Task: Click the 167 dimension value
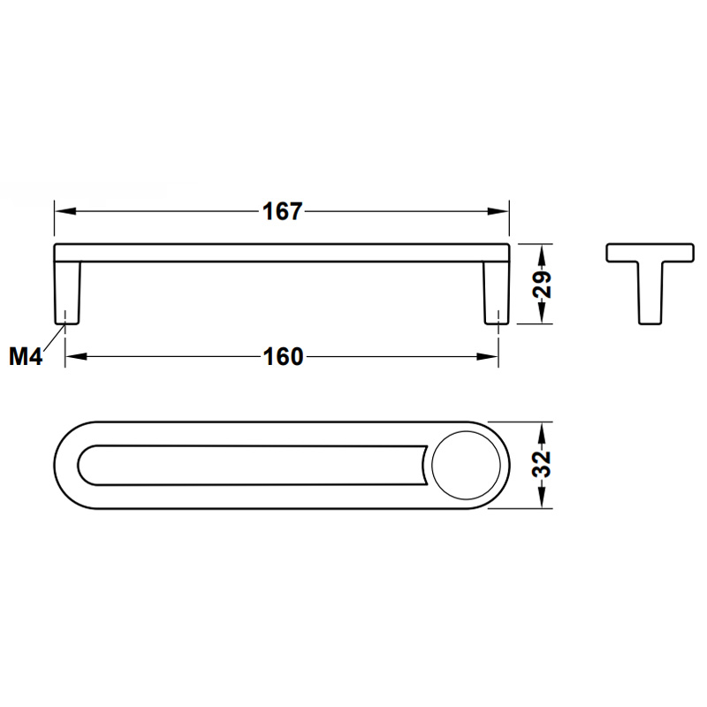point(282,211)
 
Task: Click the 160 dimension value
point(283,357)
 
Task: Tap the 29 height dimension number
point(543,284)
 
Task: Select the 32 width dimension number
point(543,464)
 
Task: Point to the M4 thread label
point(26,356)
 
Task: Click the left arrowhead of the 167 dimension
point(65,211)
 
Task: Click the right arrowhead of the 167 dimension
point(498,211)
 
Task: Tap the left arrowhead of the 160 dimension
point(76,357)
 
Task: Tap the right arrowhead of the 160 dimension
point(488,357)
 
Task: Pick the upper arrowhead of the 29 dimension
point(543,255)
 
